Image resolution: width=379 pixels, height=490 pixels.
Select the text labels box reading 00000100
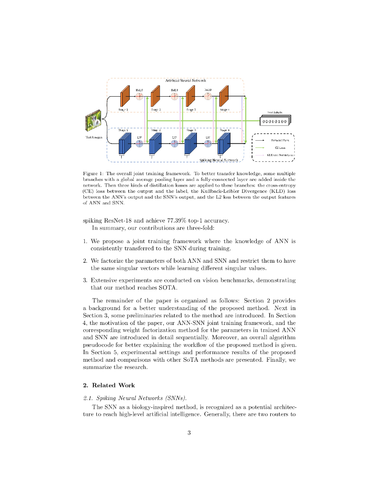274,122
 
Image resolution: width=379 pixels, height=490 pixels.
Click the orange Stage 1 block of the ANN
125,96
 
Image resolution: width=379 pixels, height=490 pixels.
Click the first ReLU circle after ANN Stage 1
139,96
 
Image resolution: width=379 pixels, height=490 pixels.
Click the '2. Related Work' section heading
109,385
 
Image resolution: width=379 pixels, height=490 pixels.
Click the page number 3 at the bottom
189,433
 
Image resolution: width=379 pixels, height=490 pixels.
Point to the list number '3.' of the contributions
85,279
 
